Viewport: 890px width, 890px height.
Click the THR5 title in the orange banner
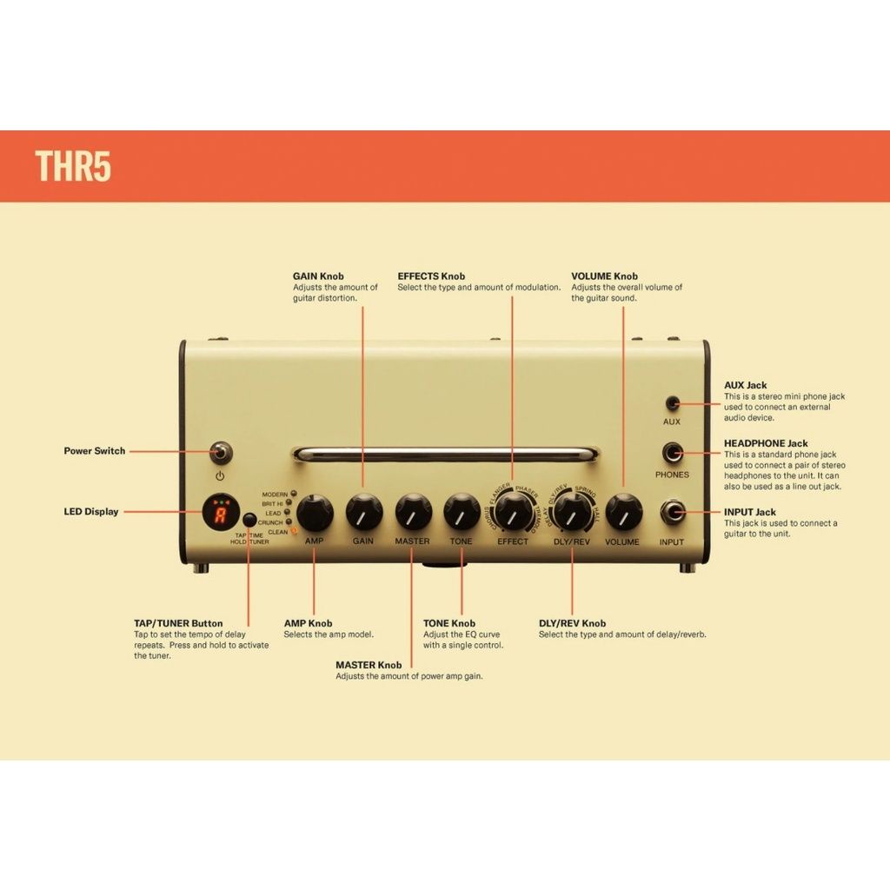[73, 165]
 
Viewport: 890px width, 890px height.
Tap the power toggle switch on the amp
[221, 451]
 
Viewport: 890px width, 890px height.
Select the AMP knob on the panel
[315, 512]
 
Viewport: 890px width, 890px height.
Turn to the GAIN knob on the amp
[364, 512]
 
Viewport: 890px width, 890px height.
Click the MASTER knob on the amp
[413, 512]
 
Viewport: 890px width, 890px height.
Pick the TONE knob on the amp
[462, 512]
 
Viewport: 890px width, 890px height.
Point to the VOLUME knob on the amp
[623, 512]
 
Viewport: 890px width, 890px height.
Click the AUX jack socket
[673, 403]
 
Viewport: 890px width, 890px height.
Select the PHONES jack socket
[673, 453]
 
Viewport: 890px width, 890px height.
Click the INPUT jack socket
[673, 512]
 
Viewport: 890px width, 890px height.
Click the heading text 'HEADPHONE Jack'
[766, 443]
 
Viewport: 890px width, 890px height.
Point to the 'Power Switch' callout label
[94, 451]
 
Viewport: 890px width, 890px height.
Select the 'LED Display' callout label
[91, 512]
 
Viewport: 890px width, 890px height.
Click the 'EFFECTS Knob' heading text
[431, 276]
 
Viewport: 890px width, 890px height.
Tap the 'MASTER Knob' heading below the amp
[369, 665]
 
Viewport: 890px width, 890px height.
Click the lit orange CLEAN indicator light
[294, 530]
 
